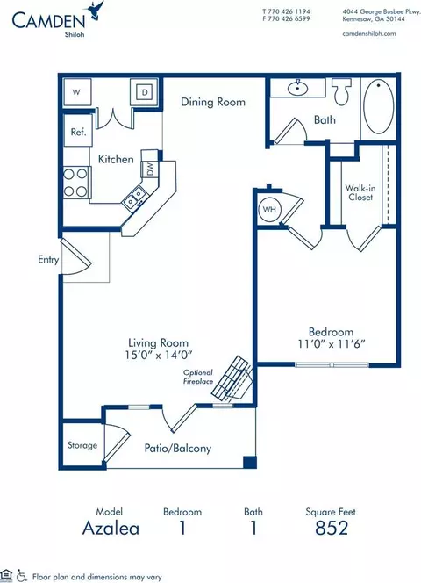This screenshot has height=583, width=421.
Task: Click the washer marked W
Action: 77,91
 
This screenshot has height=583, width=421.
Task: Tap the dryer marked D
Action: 144,91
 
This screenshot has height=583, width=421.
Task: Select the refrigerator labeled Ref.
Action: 78,131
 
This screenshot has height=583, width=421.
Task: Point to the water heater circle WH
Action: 270,209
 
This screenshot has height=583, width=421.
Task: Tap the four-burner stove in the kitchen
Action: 76,183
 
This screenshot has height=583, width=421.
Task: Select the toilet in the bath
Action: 341,91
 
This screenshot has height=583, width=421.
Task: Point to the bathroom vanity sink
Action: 297,89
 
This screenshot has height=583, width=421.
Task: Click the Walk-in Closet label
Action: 360,192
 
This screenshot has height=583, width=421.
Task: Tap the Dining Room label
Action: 213,102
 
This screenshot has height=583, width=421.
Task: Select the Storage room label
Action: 82,445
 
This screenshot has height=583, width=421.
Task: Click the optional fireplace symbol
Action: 232,378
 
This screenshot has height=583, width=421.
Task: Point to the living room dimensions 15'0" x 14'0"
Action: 158,355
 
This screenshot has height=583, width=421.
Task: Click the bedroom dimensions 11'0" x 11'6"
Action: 332,344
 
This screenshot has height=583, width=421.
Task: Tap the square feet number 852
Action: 332,528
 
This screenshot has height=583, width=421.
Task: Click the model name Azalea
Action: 111,528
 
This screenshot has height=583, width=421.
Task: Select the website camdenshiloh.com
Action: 369,33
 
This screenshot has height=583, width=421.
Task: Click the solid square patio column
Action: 250,462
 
